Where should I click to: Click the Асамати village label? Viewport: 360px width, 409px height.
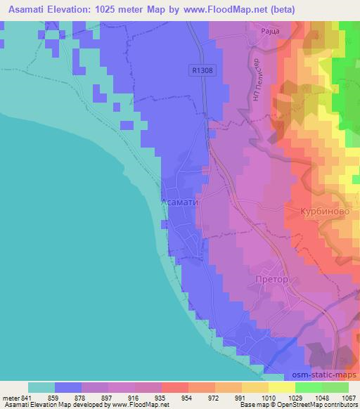(x=181, y=202)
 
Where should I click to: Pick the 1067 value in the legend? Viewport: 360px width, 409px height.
(x=349, y=398)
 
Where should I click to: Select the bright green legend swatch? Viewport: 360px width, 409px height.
(x=335, y=387)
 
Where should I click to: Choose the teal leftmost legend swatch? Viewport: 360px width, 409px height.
(x=41, y=387)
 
